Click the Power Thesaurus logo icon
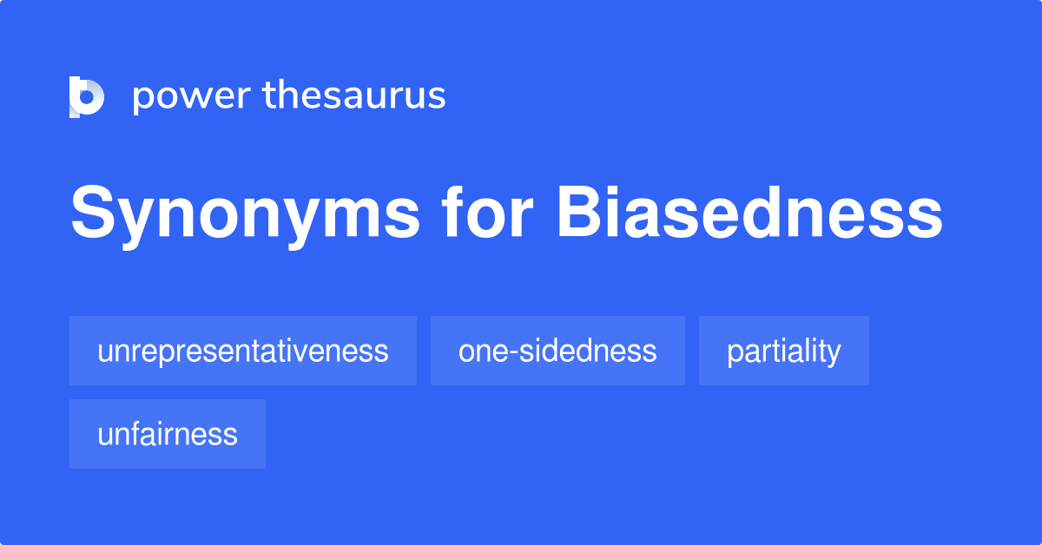[87, 96]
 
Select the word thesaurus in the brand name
[354, 95]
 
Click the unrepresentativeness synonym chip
[243, 351]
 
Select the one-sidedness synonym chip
[557, 351]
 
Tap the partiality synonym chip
[783, 351]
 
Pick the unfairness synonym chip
[168, 434]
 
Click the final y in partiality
[834, 355]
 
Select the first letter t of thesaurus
[271, 95]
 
